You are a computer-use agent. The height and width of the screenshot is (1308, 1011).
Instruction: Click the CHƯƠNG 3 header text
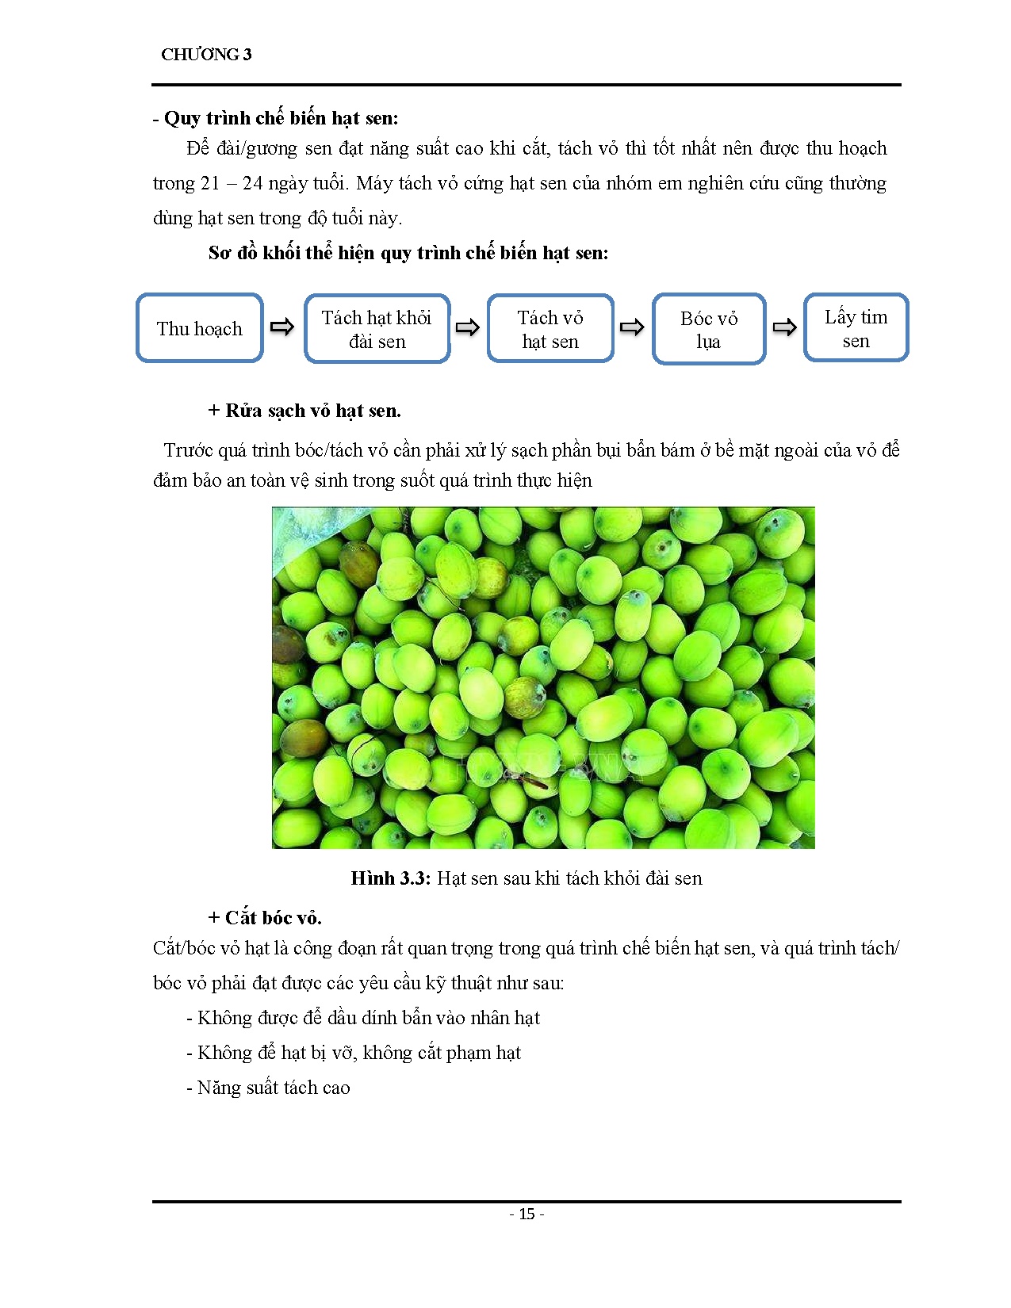pyautogui.click(x=206, y=55)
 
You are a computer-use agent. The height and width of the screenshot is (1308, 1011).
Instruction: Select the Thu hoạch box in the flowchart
pyautogui.click(x=199, y=328)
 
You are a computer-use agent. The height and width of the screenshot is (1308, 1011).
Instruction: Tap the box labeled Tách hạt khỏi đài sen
pyautogui.click(x=377, y=329)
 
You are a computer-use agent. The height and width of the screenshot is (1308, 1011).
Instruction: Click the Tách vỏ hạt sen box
pyautogui.click(x=550, y=329)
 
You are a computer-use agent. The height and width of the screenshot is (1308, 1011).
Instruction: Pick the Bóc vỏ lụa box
pyautogui.click(x=709, y=329)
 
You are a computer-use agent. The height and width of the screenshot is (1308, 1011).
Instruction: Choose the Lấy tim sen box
pyautogui.click(x=856, y=328)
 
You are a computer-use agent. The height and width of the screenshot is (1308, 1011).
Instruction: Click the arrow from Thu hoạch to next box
pyautogui.click(x=282, y=327)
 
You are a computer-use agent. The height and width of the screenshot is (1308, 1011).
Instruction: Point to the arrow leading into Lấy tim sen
pyautogui.click(x=784, y=327)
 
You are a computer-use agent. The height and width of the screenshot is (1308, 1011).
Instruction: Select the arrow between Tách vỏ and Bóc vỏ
pyautogui.click(x=632, y=327)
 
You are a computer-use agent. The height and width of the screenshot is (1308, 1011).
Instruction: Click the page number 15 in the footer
pyautogui.click(x=527, y=1214)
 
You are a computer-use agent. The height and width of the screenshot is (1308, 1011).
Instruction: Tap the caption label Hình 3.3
pyautogui.click(x=390, y=878)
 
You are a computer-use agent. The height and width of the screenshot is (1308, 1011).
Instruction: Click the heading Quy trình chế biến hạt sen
pyautogui.click(x=281, y=118)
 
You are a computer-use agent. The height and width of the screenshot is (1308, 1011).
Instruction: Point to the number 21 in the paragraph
pyautogui.click(x=210, y=183)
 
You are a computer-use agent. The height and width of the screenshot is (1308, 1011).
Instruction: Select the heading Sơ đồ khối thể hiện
pyautogui.click(x=408, y=253)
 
